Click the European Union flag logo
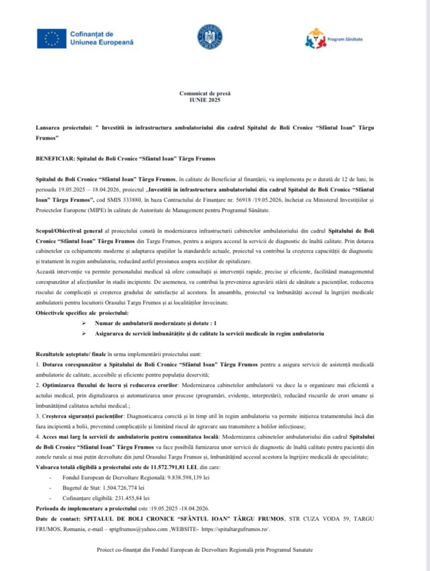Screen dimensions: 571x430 (52, 39)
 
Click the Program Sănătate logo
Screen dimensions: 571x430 (315, 38)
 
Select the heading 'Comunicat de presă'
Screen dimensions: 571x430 (202, 94)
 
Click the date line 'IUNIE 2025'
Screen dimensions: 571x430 (202, 101)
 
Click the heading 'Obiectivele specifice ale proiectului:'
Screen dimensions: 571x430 (82, 313)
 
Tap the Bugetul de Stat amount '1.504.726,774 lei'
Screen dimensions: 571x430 (124, 487)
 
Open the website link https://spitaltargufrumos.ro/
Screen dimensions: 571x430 (235, 529)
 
